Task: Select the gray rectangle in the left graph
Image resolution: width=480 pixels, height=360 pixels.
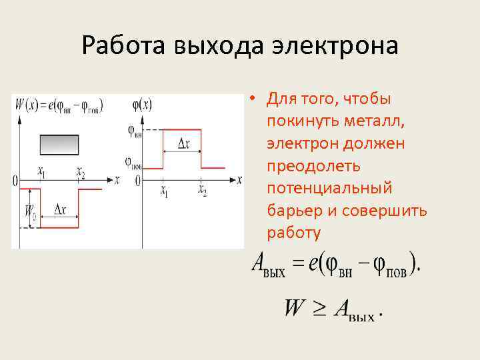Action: coord(59,145)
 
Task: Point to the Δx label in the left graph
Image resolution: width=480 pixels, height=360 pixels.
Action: coord(59,209)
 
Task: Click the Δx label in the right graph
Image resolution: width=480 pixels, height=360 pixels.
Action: coord(183,143)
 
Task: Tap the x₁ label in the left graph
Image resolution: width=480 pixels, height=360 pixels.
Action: coord(41,173)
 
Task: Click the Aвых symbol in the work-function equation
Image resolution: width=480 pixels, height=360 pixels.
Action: coord(268,265)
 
